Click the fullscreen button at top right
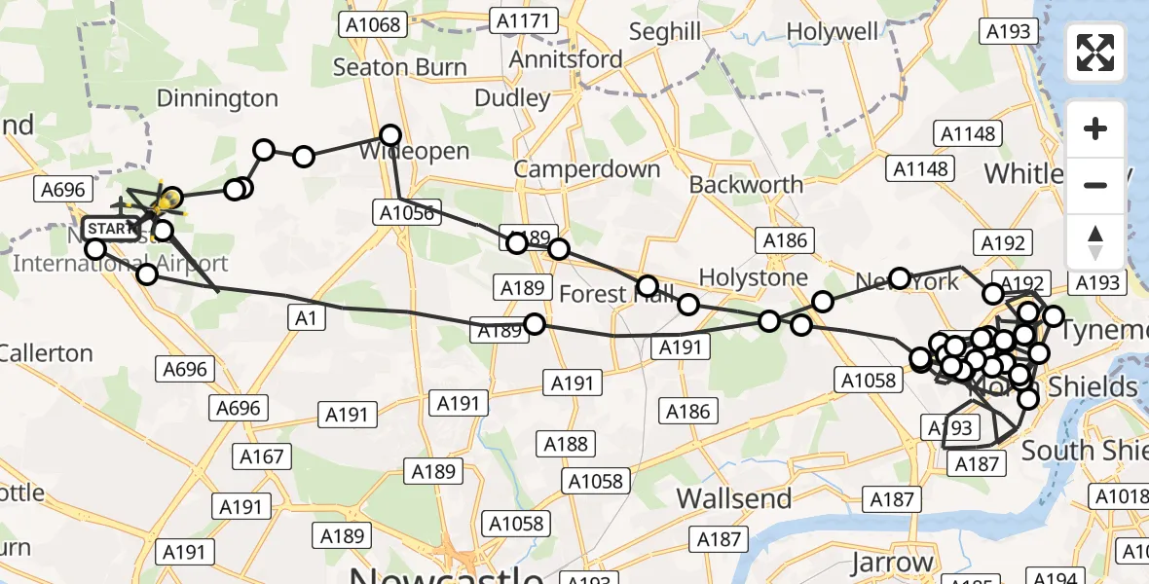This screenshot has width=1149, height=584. pos(1095,53)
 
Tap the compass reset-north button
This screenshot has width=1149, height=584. pos(1095,241)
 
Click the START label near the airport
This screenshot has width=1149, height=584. pos(111,229)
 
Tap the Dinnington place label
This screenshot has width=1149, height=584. pos(216,98)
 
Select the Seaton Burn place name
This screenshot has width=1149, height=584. pos(399,67)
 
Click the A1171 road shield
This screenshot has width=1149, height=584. pos(525,20)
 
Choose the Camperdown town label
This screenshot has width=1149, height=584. pos(587,168)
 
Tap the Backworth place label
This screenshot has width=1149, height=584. pos(746,184)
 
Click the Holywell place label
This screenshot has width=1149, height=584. pos(832,32)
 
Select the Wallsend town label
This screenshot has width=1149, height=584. pos(733,498)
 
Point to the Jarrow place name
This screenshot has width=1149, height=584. pos(891,563)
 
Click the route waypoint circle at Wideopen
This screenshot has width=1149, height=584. pos(390,135)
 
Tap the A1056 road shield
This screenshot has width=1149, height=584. pos(406,211)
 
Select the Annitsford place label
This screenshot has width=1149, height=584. pos(565,59)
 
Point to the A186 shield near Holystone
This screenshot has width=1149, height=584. pos(785,240)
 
